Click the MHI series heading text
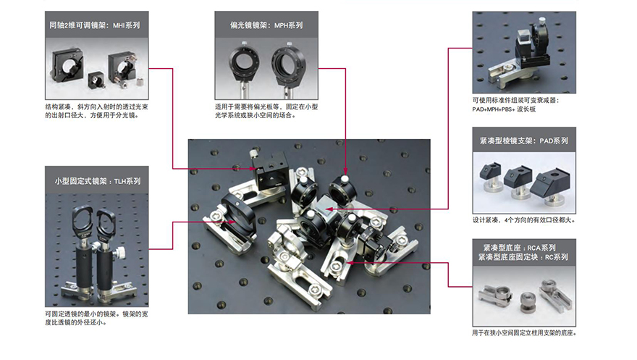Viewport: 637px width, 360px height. click(94, 25)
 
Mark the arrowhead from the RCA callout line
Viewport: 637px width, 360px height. click(347, 263)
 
